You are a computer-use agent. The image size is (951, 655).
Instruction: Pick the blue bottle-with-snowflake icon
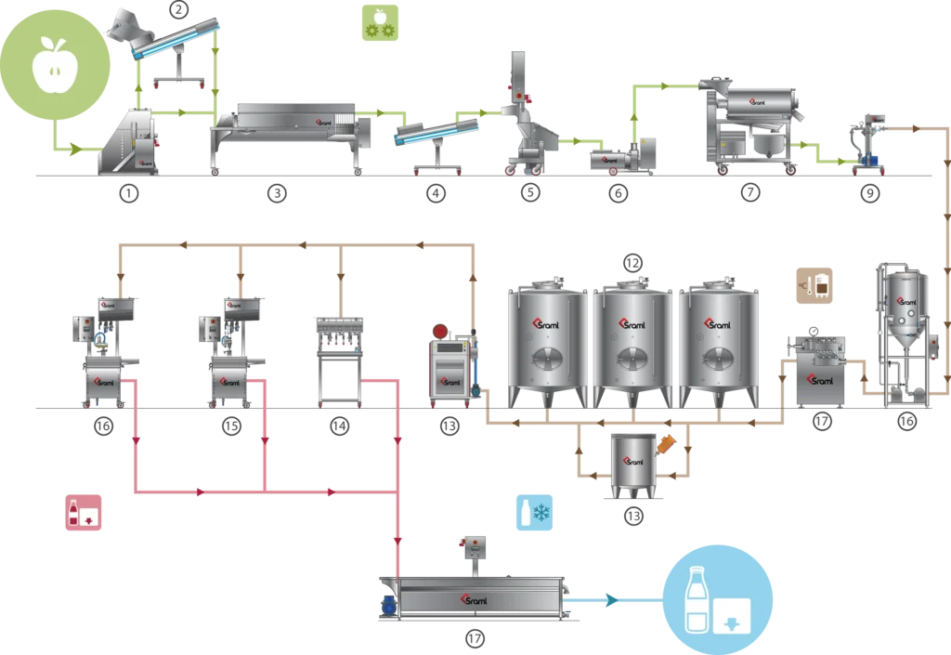point(535,514)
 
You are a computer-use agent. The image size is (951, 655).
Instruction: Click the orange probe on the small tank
point(666,444)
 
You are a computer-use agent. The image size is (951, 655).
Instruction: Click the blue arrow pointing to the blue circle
point(609,599)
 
